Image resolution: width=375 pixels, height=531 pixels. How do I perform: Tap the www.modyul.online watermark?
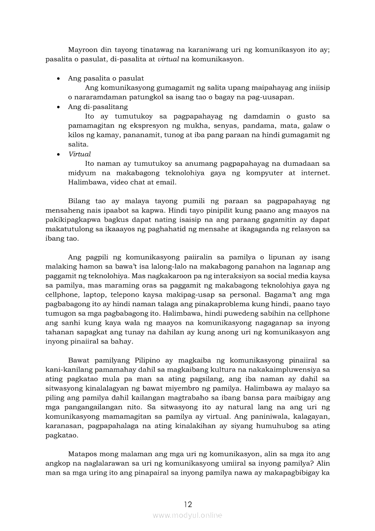(187, 515)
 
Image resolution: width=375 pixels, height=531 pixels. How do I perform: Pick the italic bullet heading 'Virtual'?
(79, 154)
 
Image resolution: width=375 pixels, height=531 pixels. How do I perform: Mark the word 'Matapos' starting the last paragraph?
(82, 454)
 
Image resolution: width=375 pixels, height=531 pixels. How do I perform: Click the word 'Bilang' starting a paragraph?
(79, 201)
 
